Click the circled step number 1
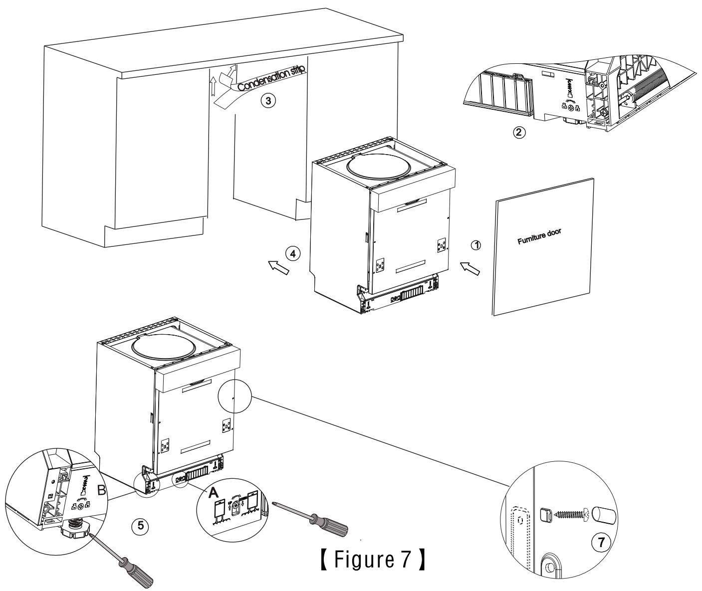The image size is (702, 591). click(x=476, y=245)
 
